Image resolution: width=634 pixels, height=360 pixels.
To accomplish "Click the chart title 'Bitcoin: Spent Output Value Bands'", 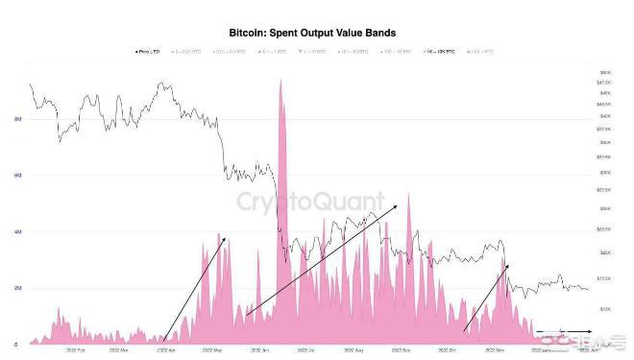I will point(316,32).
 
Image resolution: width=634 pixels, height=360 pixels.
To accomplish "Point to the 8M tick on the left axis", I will point(17,119).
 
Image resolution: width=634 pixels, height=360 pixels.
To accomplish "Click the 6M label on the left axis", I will point(17,176).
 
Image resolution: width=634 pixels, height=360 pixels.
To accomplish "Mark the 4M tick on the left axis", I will point(17,231).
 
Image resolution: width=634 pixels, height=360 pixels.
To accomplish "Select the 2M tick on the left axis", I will point(17,288).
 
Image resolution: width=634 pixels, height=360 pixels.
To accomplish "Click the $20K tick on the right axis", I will point(605,252).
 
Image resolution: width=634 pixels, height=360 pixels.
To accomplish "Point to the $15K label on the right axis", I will point(605,309).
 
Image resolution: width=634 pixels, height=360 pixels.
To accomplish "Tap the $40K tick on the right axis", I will point(605,115).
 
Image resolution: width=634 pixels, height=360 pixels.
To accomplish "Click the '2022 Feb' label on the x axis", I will point(75,351).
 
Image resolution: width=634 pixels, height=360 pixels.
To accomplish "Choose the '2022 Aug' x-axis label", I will point(352,351).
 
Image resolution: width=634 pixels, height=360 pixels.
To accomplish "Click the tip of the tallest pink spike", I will point(280,81).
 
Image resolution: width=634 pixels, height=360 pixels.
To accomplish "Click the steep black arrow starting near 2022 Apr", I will point(194,288).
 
